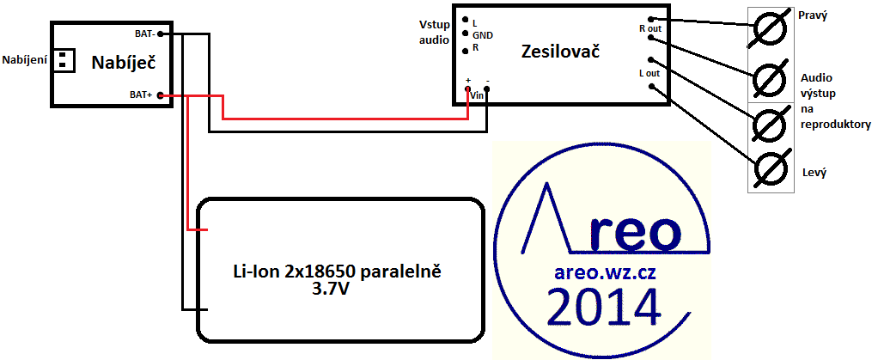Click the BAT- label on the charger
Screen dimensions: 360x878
[x=144, y=34]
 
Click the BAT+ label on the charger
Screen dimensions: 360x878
[x=141, y=95]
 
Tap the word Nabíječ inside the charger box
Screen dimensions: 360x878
[x=126, y=62]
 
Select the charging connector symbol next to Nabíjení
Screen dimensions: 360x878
[x=63, y=60]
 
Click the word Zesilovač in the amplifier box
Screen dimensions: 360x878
[x=559, y=52]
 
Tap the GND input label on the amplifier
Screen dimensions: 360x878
[x=483, y=34]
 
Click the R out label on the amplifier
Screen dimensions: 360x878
[x=649, y=28]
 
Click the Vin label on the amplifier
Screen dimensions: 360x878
[x=477, y=96]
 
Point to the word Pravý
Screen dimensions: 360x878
[x=812, y=15]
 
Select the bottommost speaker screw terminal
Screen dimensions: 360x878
[x=769, y=168]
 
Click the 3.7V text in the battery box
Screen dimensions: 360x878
[x=337, y=290]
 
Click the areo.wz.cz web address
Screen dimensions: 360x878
[x=599, y=273]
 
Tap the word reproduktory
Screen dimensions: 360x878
[x=834, y=125]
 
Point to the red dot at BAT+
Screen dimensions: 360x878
[x=161, y=95]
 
